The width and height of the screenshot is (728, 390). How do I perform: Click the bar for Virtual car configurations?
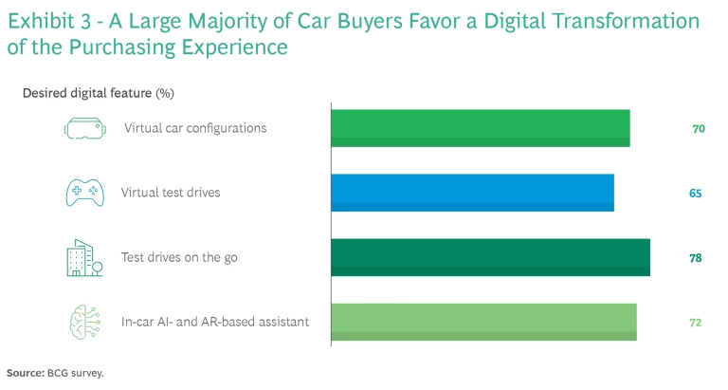pyautogui.click(x=480, y=128)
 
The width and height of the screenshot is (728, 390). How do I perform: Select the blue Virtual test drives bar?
pyautogui.click(x=472, y=193)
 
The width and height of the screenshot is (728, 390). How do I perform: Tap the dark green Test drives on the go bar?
pyautogui.click(x=490, y=257)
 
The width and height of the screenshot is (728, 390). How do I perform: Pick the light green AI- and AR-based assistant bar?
pyautogui.click(x=483, y=322)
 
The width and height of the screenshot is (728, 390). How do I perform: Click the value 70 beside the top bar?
pyautogui.click(x=699, y=128)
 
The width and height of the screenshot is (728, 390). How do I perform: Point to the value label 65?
pyautogui.click(x=696, y=193)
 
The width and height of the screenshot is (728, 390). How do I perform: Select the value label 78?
pyautogui.click(x=696, y=257)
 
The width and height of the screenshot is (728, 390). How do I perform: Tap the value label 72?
pyautogui.click(x=696, y=322)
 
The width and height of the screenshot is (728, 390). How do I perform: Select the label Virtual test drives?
pyautogui.click(x=171, y=193)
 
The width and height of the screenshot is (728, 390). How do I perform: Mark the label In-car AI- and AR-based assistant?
pyautogui.click(x=215, y=322)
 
